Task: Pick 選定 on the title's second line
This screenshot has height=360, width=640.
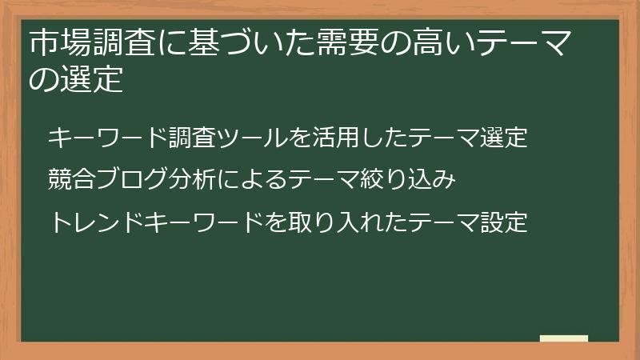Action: coord(92,80)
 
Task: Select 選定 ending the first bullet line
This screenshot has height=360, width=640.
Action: coord(504,138)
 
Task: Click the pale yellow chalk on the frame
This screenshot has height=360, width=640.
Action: coord(564,338)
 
